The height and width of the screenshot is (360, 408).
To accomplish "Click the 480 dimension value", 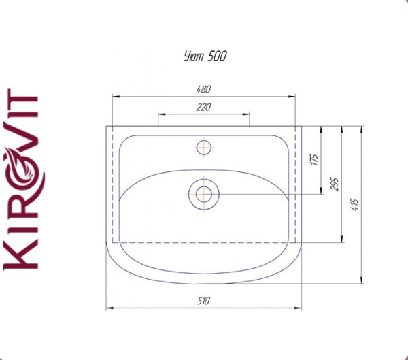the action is (203, 89).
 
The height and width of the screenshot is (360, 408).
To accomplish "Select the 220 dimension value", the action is (203, 107).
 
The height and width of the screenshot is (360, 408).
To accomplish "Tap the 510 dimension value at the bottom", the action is (203, 301).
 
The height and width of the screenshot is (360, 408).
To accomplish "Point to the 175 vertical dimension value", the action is (314, 160).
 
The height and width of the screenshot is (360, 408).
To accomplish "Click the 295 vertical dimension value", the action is (335, 184).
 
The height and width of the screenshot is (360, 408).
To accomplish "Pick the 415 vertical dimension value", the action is (356, 205).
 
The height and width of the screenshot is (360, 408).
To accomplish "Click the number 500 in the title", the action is (217, 56).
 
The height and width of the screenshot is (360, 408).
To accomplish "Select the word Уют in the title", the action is (194, 56).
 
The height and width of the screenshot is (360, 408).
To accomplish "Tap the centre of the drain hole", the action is (204, 195).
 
